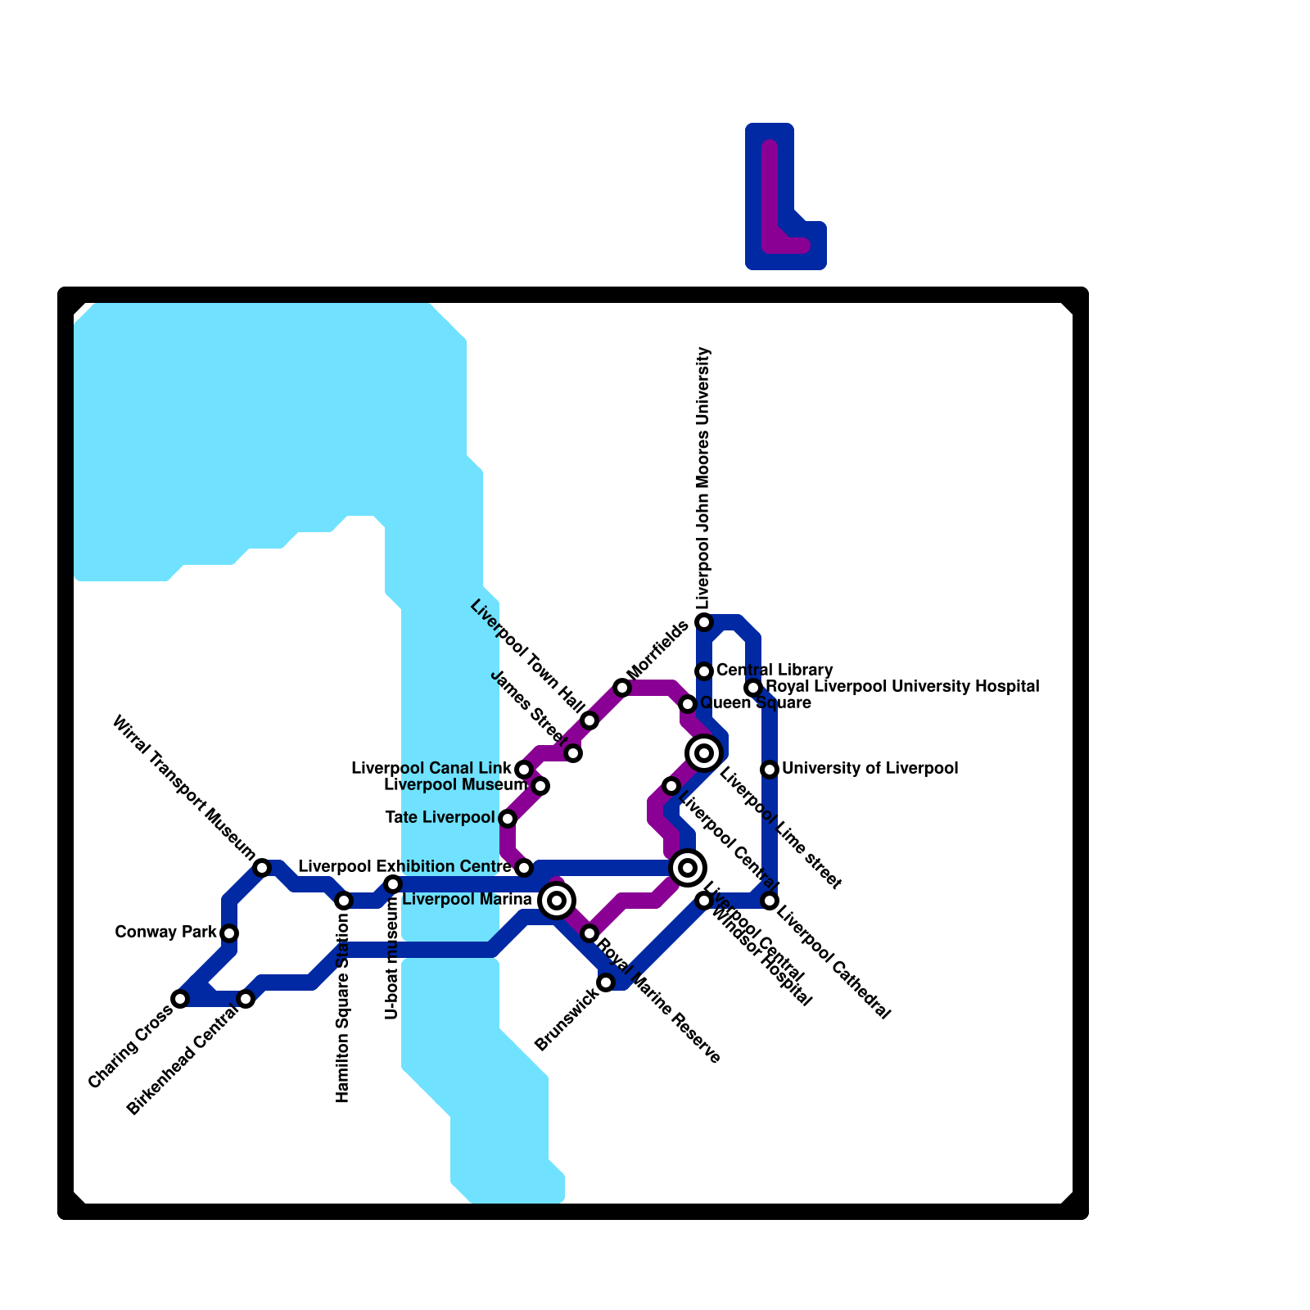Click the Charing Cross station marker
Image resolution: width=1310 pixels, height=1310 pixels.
tap(180, 999)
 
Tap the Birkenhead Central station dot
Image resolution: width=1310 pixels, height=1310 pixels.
tap(246, 999)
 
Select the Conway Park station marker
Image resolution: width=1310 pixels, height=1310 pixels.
tap(229, 933)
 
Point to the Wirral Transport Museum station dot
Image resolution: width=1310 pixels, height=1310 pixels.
tap(262, 868)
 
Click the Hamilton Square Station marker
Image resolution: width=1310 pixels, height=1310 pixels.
tap(344, 901)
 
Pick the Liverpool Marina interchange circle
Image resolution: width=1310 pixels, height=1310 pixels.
tap(557, 901)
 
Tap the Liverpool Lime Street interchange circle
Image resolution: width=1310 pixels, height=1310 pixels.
tap(704, 752)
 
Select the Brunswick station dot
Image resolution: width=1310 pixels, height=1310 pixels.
tap(606, 982)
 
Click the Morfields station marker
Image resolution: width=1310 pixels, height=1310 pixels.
tap(622, 688)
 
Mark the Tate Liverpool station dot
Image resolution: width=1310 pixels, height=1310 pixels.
tap(508, 819)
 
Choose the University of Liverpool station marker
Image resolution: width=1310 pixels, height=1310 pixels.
tap(770, 770)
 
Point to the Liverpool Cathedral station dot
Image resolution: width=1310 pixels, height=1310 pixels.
tap(770, 901)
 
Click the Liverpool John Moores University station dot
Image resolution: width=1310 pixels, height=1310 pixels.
tap(704, 622)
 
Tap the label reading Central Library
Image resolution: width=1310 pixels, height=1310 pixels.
tap(775, 671)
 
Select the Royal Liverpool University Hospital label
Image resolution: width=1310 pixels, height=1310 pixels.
tap(902, 686)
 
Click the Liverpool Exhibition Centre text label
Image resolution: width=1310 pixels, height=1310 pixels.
tap(404, 866)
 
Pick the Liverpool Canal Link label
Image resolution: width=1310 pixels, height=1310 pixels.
tap(431, 768)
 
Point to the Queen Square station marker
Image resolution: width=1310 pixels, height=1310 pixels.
tap(688, 704)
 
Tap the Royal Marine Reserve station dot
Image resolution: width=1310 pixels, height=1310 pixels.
tap(589, 933)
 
